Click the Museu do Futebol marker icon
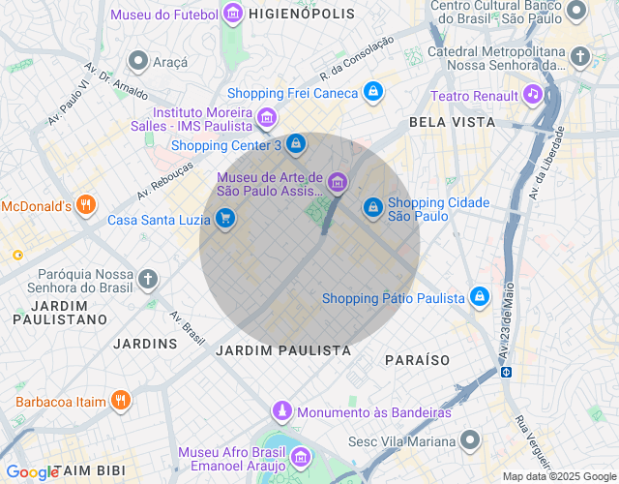[x=232, y=14]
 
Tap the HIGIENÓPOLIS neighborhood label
[x=297, y=15]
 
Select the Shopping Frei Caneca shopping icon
[x=373, y=93]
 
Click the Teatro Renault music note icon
[x=532, y=94]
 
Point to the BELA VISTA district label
[x=452, y=123]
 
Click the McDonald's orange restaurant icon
[x=86, y=205]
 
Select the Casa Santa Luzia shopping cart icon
[x=225, y=219]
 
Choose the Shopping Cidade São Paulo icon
[x=373, y=207]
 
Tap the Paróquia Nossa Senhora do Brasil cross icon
[x=147, y=280]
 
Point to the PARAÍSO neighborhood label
[x=417, y=360]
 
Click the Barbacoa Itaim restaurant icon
[x=120, y=400]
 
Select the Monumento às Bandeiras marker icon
[x=281, y=411]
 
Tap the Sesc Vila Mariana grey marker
[x=470, y=441]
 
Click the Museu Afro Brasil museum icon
[x=301, y=456]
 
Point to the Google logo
[x=32, y=472]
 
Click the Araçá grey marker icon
[x=138, y=62]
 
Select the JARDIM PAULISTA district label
[x=283, y=349]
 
